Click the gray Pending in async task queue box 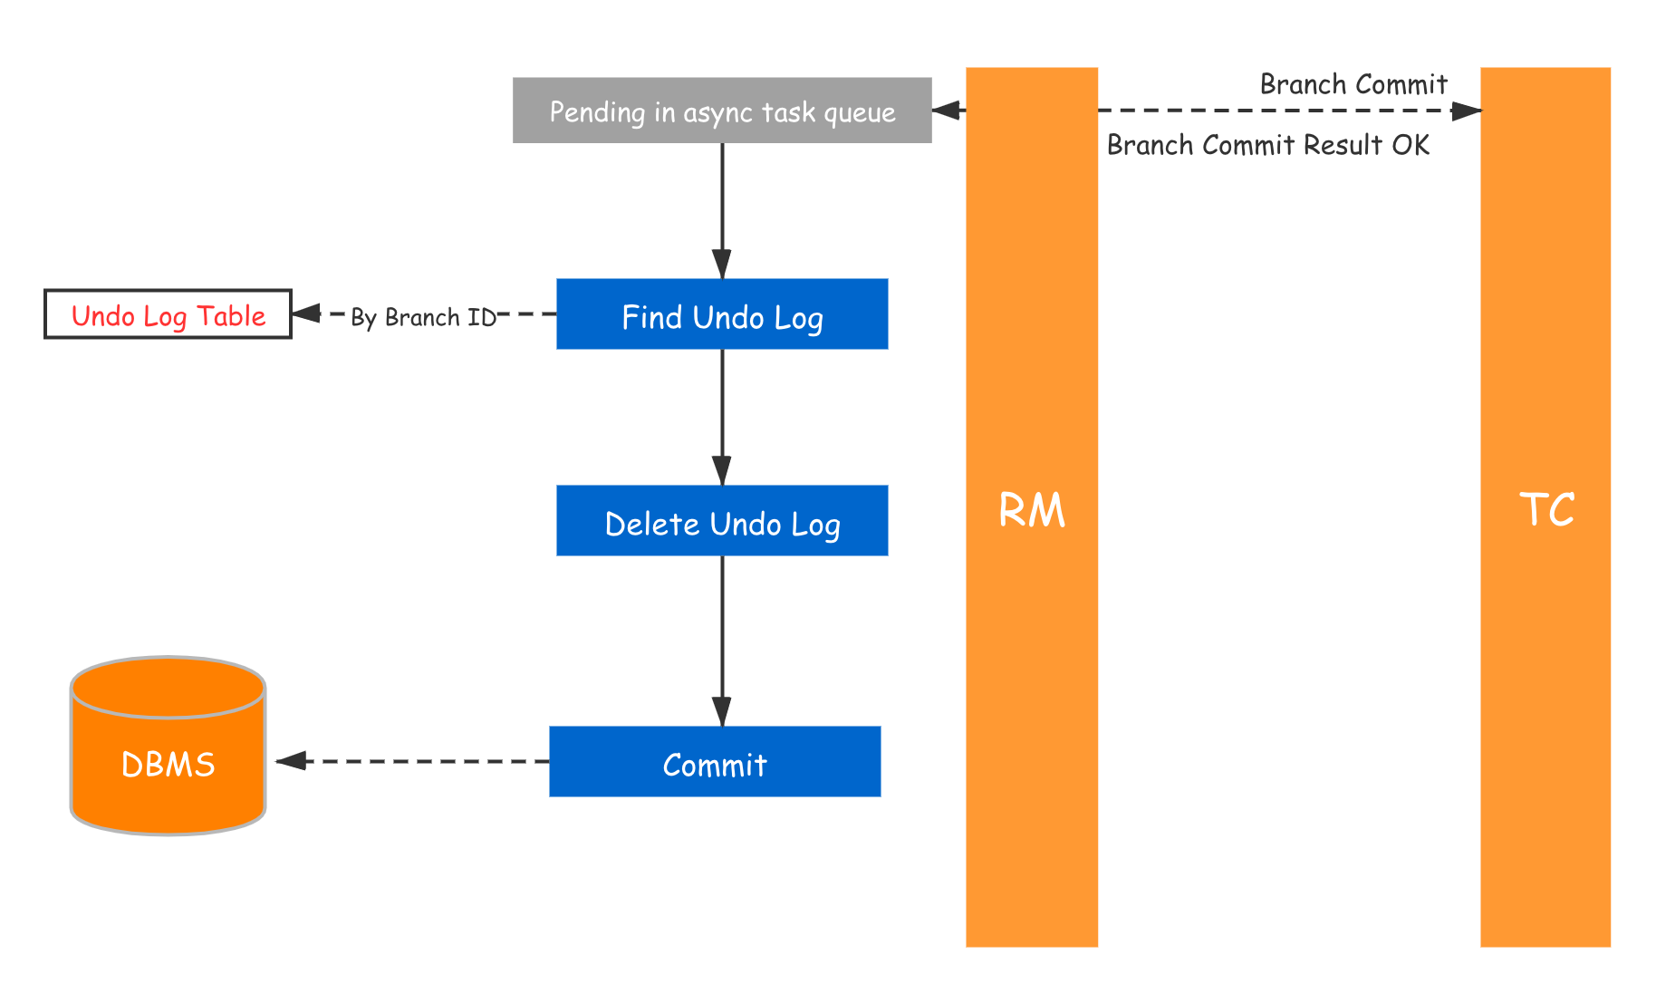pos(721,110)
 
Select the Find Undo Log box pos(721,314)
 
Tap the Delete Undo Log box pos(721,521)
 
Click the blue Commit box pos(714,762)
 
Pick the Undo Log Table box pos(168,314)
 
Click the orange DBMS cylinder pos(168,747)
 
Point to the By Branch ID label pos(423,315)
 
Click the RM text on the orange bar pos(1032,510)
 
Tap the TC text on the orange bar pos(1545,510)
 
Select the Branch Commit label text pos(1353,84)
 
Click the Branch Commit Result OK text pos(1267,145)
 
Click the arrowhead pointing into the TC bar pos(1467,111)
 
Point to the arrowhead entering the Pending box pos(948,111)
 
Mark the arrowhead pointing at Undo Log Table pos(306,313)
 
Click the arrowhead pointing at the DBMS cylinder pos(291,761)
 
